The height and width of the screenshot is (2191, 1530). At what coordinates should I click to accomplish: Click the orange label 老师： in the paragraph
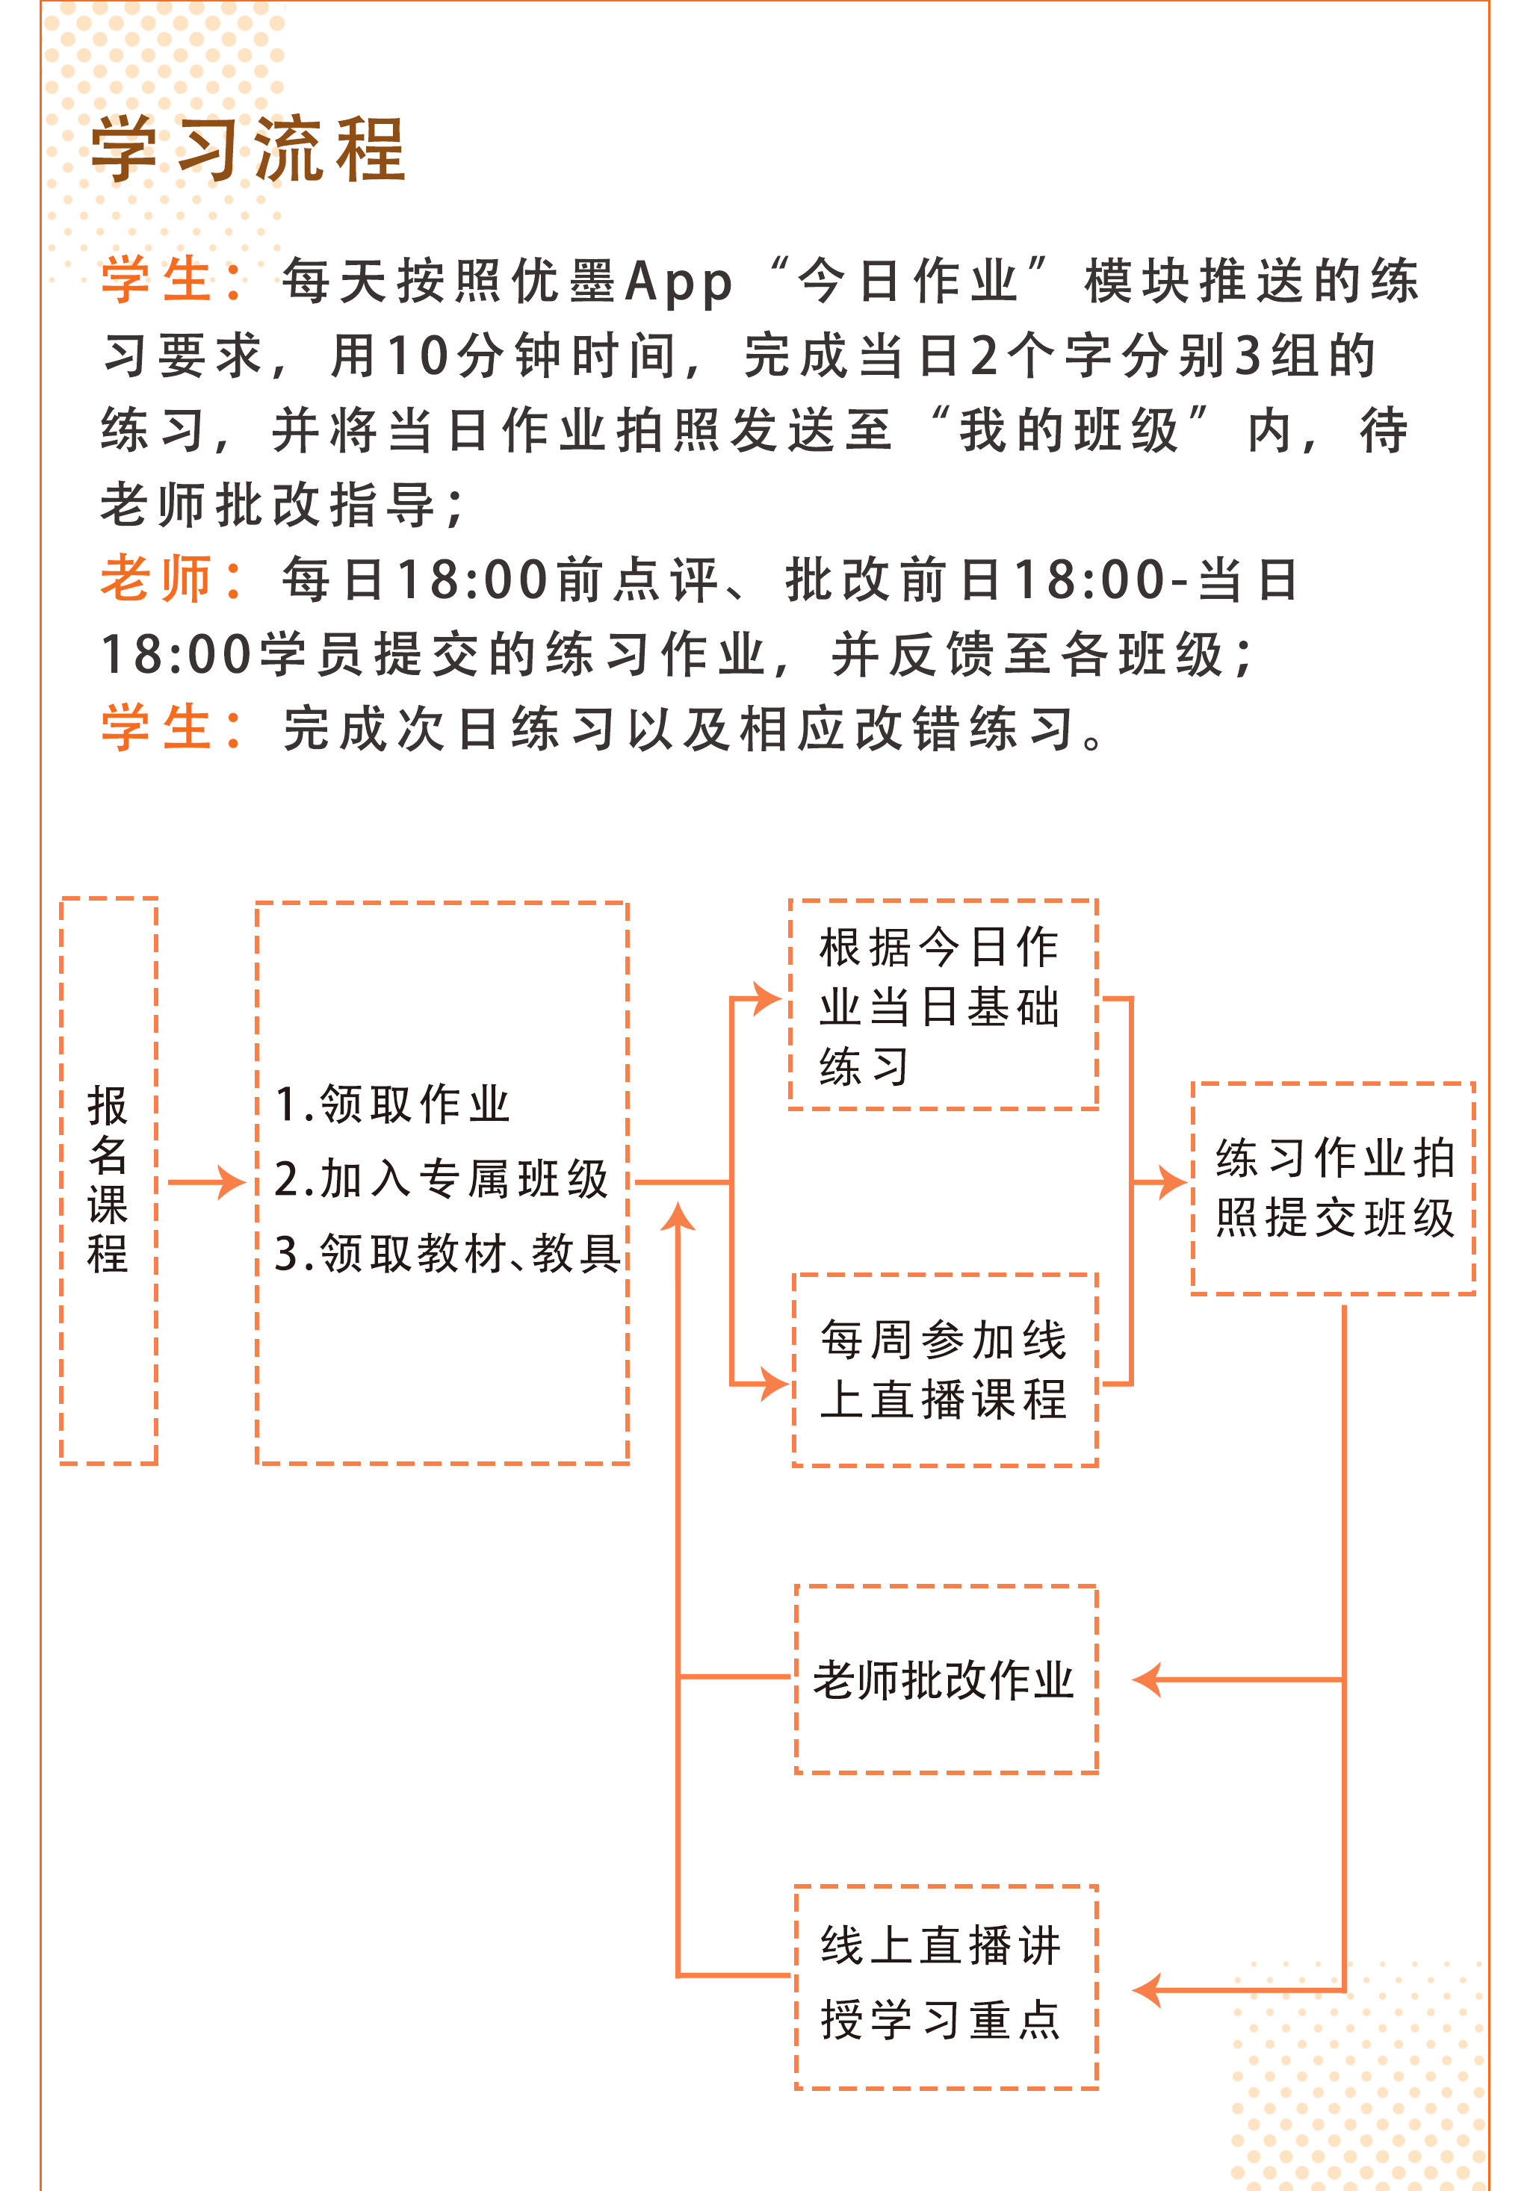pyautogui.click(x=172, y=579)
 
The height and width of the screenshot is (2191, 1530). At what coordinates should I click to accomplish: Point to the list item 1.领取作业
pyautogui.click(x=392, y=1104)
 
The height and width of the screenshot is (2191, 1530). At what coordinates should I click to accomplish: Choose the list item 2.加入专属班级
pyautogui.click(x=441, y=1178)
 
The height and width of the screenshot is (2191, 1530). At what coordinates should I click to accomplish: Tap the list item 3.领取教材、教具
pyautogui.click(x=447, y=1253)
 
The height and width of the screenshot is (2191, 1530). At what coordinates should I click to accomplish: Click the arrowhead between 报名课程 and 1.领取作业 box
pyautogui.click(x=230, y=1182)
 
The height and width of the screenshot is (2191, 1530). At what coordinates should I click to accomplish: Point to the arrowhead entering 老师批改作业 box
pyautogui.click(x=1147, y=1679)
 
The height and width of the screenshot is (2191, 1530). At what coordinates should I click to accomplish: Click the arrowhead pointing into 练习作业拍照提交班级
pyautogui.click(x=1173, y=1182)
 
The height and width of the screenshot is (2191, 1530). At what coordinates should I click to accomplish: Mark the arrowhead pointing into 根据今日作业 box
pyautogui.click(x=767, y=999)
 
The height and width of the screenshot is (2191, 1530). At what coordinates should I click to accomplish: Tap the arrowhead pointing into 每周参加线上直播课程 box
pyautogui.click(x=773, y=1383)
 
